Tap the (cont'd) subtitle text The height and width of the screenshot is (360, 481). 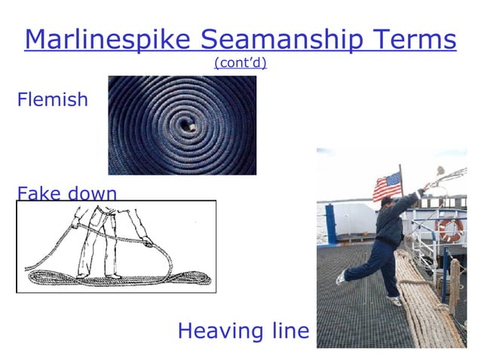click(x=240, y=63)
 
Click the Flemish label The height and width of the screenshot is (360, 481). click(x=52, y=99)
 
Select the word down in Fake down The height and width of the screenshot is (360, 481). click(x=92, y=193)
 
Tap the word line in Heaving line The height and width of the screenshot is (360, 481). click(x=287, y=330)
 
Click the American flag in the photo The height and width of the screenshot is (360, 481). click(x=387, y=186)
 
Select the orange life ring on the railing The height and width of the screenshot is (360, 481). click(x=451, y=229)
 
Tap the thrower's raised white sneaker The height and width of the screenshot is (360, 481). click(x=341, y=277)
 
